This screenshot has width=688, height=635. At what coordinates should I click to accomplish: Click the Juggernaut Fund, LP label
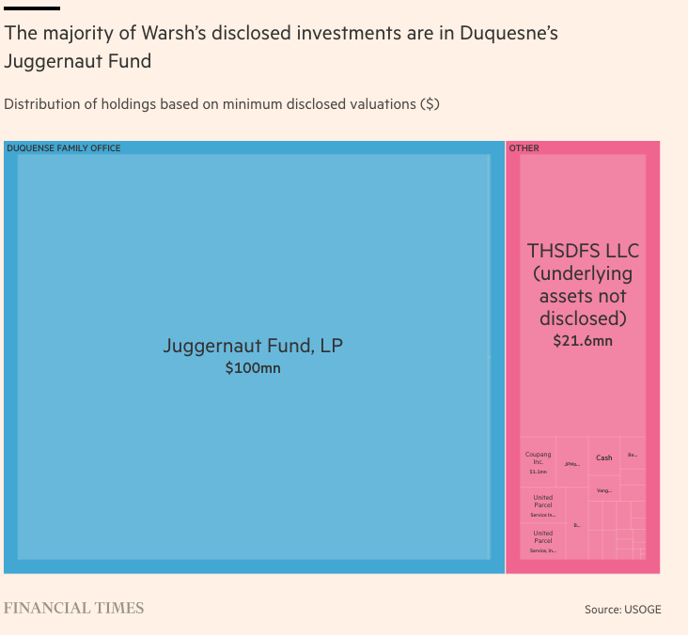(253, 346)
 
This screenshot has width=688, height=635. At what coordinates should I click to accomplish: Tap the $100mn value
(253, 368)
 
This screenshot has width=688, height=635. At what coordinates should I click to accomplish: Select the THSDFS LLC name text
(583, 251)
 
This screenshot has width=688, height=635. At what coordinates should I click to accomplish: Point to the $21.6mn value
(583, 340)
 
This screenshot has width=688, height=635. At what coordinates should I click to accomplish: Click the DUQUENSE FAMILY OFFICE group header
(64, 148)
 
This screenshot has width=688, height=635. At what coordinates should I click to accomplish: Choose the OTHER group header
(524, 148)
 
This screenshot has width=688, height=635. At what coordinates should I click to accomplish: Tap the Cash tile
(603, 457)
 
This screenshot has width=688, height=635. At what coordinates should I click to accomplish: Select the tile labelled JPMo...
(571, 464)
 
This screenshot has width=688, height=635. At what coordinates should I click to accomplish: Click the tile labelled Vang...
(603, 490)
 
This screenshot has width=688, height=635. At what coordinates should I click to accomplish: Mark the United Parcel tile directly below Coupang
(542, 505)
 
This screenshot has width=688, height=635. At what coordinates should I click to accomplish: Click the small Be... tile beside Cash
(633, 455)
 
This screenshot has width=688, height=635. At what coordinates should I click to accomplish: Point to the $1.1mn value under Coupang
(538, 472)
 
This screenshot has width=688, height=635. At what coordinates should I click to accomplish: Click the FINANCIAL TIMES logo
(74, 608)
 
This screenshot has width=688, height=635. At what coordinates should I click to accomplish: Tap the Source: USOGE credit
(622, 610)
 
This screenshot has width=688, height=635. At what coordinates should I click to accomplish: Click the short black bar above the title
(32, 8)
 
